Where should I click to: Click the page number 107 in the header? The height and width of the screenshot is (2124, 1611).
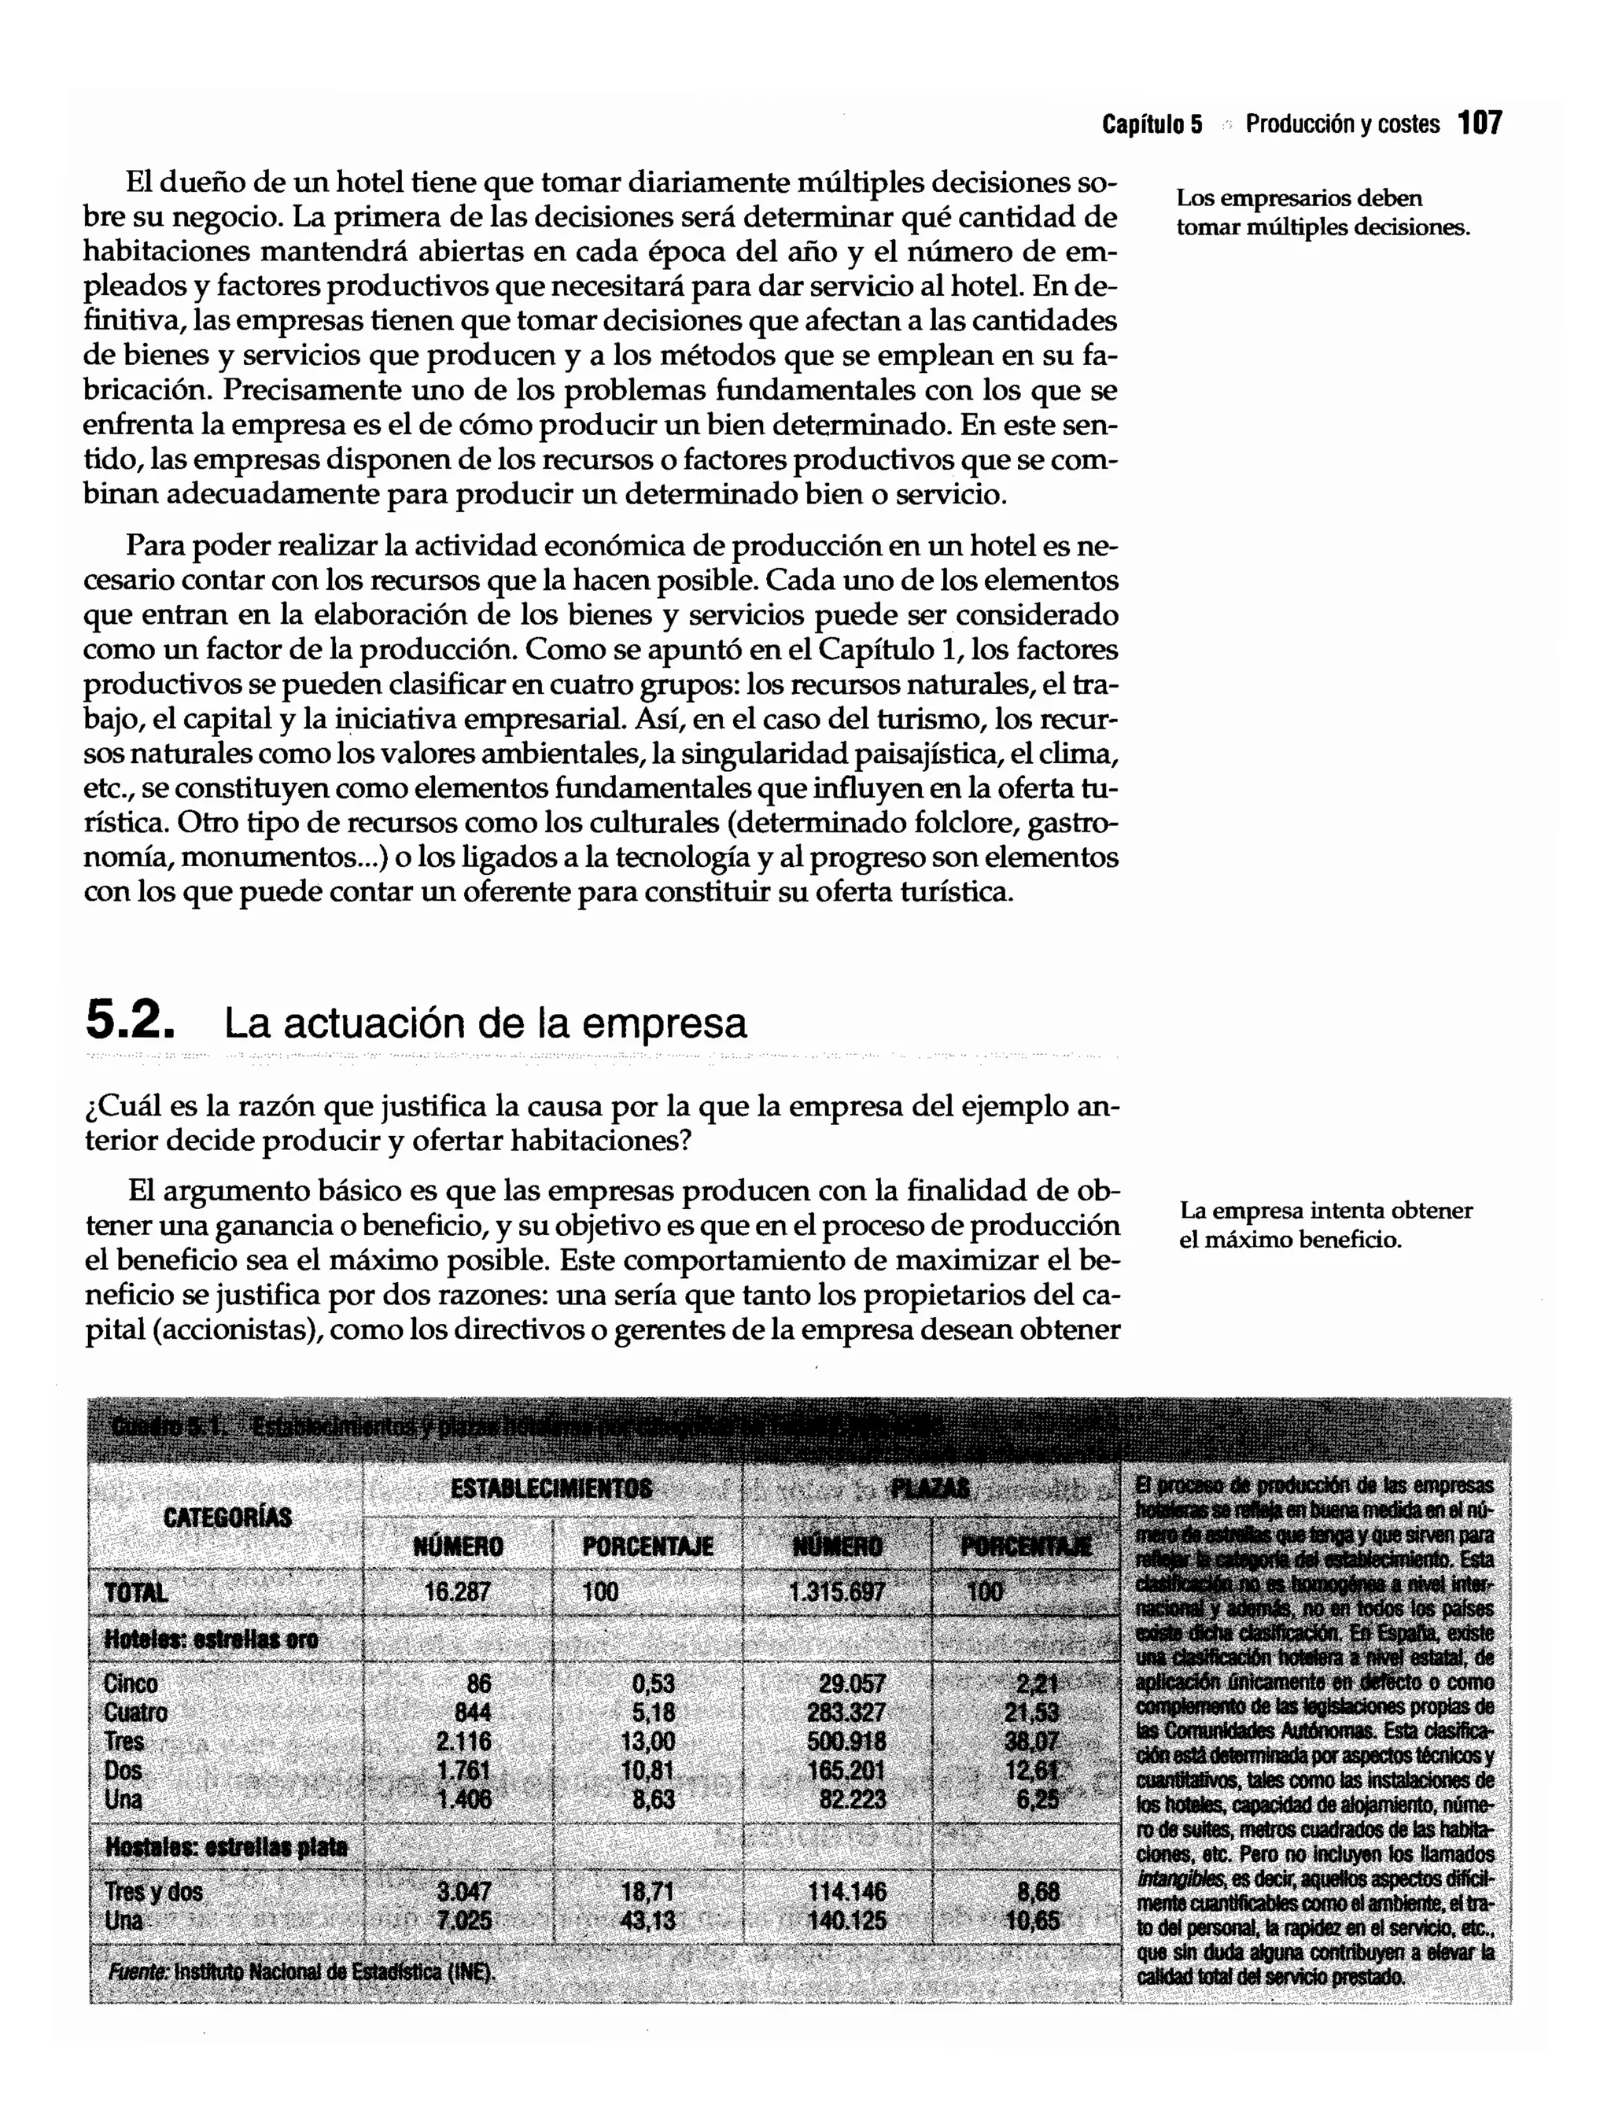click(1480, 124)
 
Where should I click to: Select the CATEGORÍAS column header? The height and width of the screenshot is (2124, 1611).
click(227, 1517)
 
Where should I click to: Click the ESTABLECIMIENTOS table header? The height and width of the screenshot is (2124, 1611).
click(551, 1489)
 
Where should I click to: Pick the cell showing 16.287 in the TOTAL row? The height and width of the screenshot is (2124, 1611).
click(457, 1592)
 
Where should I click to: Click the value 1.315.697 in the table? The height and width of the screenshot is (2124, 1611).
click(836, 1592)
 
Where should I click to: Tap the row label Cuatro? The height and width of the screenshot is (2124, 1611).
click(135, 1712)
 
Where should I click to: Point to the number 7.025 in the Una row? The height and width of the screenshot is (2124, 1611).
click(464, 1921)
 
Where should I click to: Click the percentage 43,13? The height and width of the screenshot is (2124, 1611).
click(648, 1921)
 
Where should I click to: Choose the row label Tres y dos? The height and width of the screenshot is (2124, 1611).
click(153, 1893)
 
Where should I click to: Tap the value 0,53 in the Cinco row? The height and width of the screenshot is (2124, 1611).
click(653, 1684)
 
